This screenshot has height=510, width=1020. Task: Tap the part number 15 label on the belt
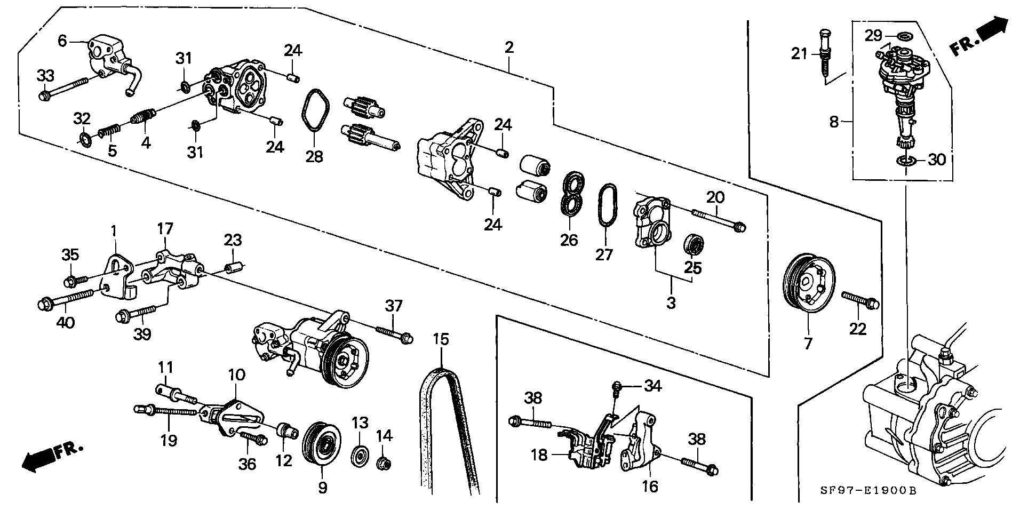click(441, 339)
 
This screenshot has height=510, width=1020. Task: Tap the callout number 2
click(509, 47)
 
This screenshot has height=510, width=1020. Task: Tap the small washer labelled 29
click(904, 36)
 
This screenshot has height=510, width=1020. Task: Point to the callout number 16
click(650, 486)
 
